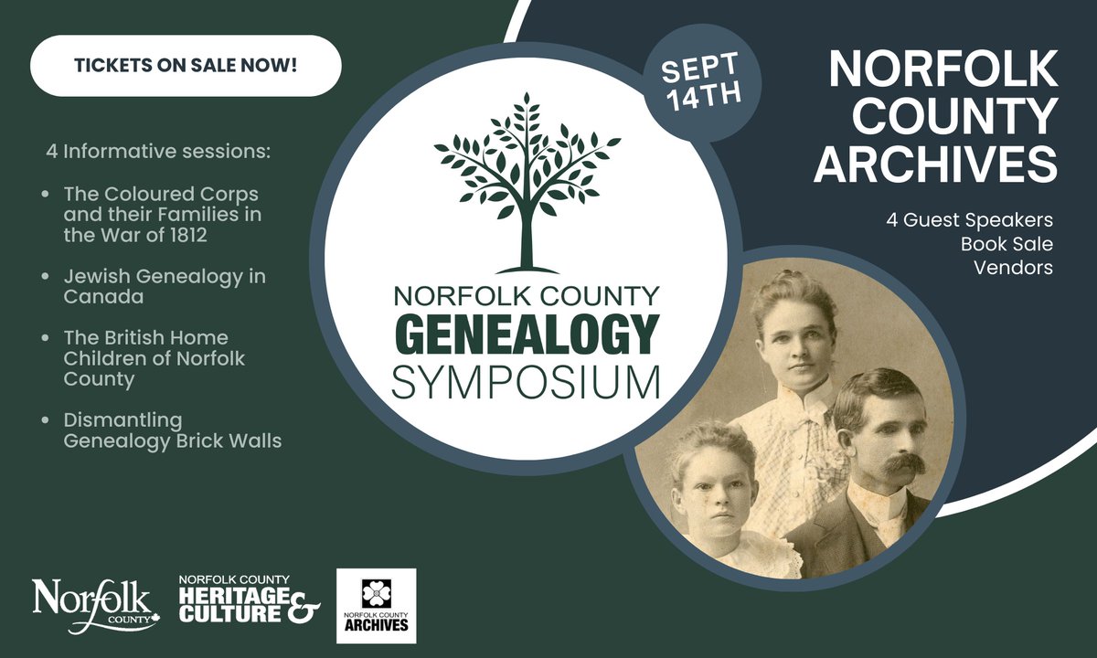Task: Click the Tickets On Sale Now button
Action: tap(186, 66)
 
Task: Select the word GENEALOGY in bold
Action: tap(526, 334)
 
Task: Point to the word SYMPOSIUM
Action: tap(526, 381)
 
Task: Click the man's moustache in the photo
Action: tap(891, 463)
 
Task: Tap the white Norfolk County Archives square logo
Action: tap(376, 605)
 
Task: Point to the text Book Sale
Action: tap(1006, 244)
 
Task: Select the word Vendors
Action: tap(1013, 268)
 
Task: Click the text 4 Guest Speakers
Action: tap(969, 220)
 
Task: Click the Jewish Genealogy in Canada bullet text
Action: tap(165, 285)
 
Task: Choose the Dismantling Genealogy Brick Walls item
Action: tap(172, 430)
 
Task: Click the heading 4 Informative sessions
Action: tap(158, 150)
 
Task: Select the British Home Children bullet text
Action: tap(154, 358)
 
